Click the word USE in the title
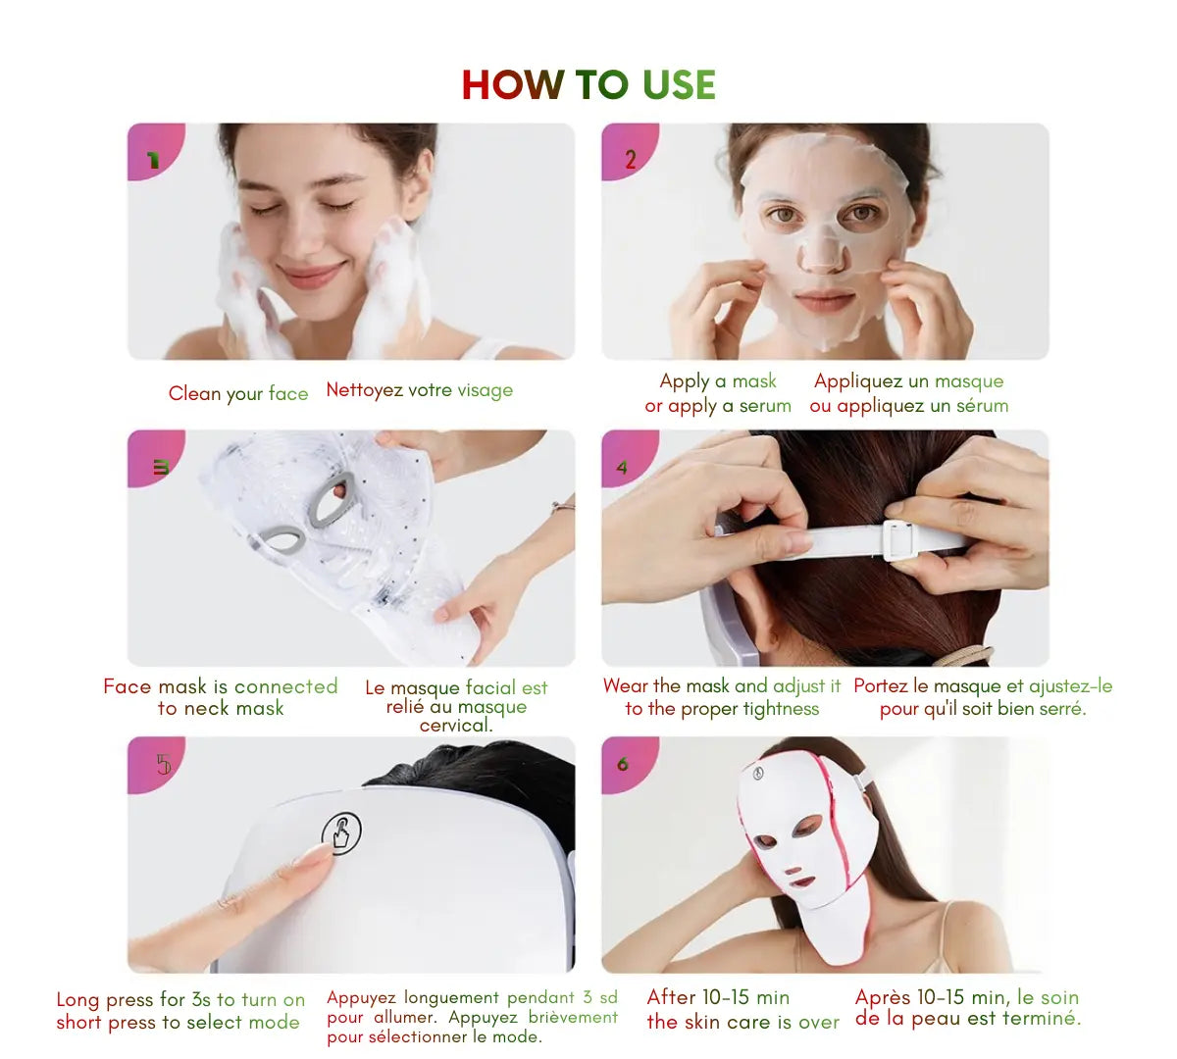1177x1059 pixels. pyautogui.click(x=679, y=85)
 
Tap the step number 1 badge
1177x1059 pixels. pyautogui.click(x=152, y=160)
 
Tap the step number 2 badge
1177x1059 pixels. pyautogui.click(x=630, y=159)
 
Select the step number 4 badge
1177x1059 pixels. pyautogui.click(x=622, y=468)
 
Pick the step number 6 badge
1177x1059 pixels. pyautogui.click(x=622, y=764)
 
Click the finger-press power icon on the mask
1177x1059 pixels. pyautogui.click(x=341, y=833)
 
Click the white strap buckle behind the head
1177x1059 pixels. pyautogui.click(x=899, y=540)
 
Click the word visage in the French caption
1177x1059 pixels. pyautogui.click(x=485, y=390)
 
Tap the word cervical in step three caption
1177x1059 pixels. pyautogui.click(x=455, y=726)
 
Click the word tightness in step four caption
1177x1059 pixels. pyautogui.click(x=781, y=709)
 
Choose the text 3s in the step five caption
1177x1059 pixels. pyautogui.click(x=201, y=999)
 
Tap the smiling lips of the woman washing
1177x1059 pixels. pyautogui.click(x=310, y=275)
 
